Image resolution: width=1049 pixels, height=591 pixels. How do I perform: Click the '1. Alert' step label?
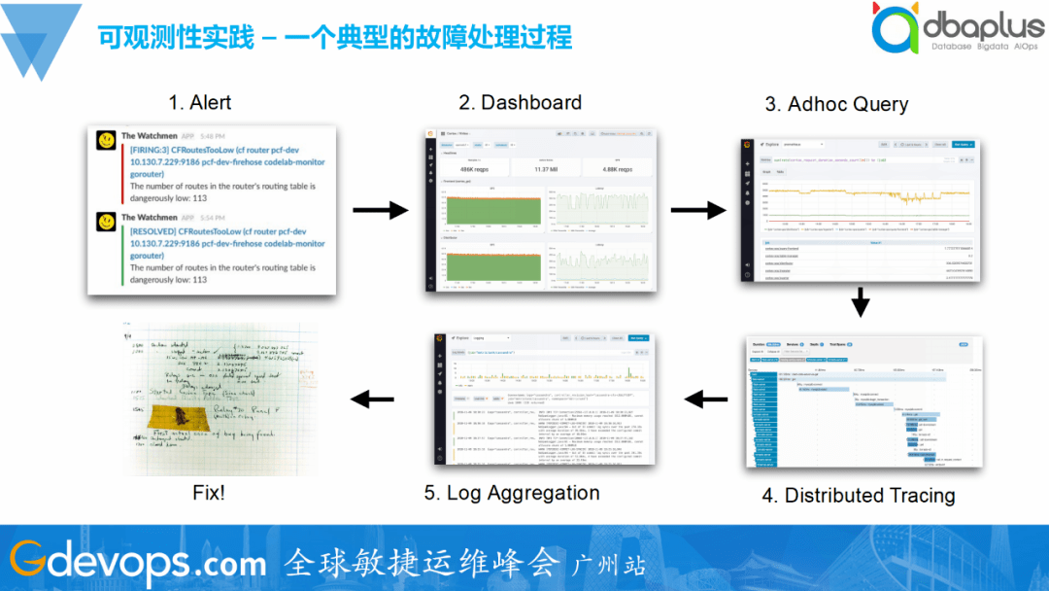pyautogui.click(x=200, y=103)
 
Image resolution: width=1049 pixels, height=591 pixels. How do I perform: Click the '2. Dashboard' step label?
pyautogui.click(x=520, y=103)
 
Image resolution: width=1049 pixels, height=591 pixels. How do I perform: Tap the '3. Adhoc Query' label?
pyautogui.click(x=836, y=104)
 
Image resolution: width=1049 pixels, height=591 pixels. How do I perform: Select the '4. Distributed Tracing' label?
pyautogui.click(x=858, y=495)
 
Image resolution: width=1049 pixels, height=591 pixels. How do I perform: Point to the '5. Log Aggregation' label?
pyautogui.click(x=511, y=493)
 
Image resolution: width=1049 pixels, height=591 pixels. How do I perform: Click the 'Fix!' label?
pyautogui.click(x=209, y=493)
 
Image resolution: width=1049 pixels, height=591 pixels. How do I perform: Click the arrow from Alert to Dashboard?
pyautogui.click(x=379, y=209)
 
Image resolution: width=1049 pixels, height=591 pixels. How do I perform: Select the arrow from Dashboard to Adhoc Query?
pyautogui.click(x=697, y=209)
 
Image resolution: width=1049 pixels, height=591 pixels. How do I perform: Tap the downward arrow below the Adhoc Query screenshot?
pyautogui.click(x=860, y=303)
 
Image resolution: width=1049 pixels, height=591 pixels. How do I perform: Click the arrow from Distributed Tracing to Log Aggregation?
pyautogui.click(x=706, y=399)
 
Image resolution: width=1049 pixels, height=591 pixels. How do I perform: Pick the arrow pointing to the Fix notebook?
pyautogui.click(x=372, y=399)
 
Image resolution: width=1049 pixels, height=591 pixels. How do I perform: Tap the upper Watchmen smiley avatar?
pyautogui.click(x=106, y=140)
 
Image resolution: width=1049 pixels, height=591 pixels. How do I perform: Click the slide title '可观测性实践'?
pyautogui.click(x=175, y=38)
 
